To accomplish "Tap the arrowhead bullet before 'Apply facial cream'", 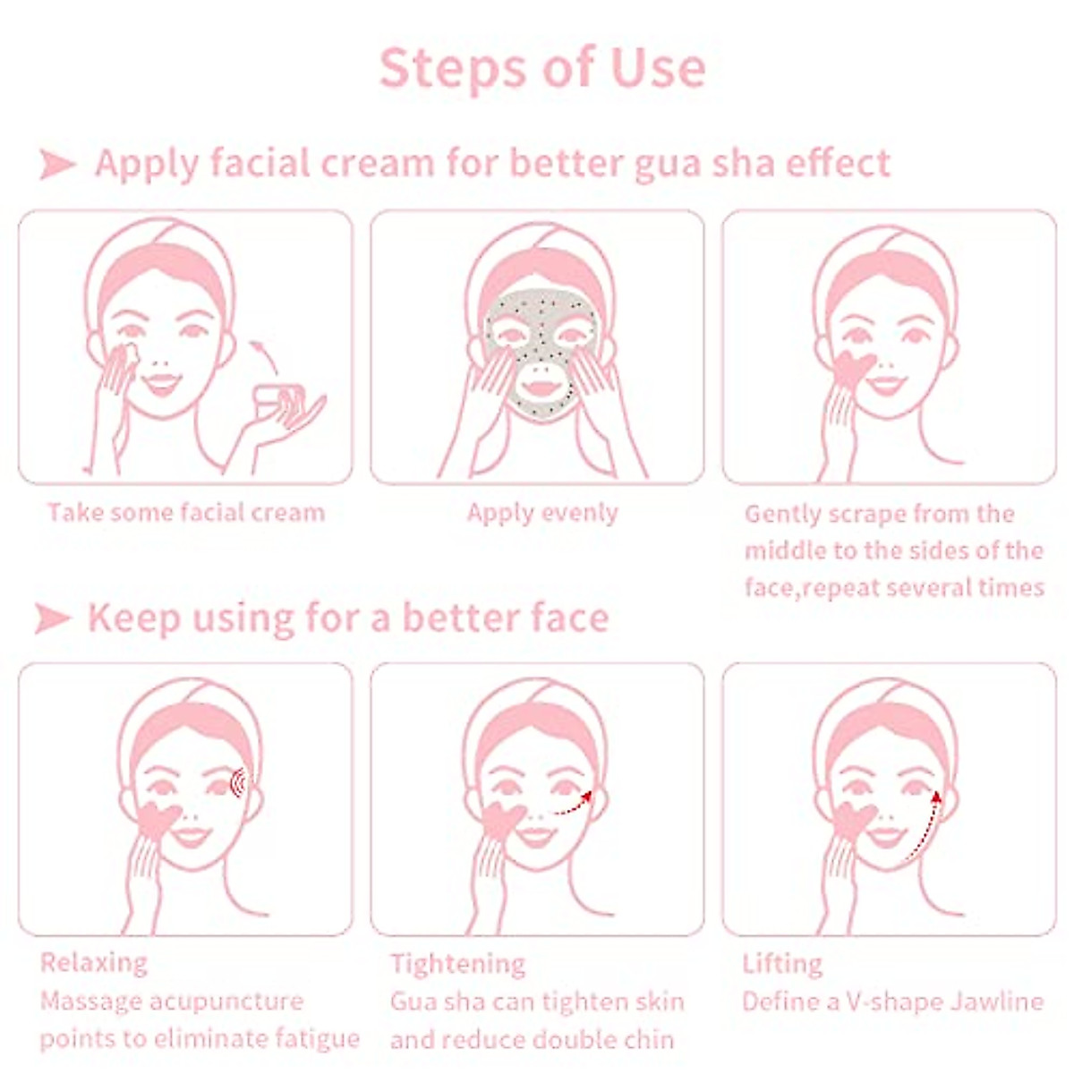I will (58, 165).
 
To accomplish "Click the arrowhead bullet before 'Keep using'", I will (53, 618).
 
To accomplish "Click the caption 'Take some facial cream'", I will (186, 513).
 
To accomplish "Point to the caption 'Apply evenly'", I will (542, 513).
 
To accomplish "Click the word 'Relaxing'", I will (94, 963).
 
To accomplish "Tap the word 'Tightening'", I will (457, 964).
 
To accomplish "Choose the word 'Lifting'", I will (782, 964).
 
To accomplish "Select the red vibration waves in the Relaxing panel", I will (238, 784).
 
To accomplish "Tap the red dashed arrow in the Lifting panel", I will (922, 823).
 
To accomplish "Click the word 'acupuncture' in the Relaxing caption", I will (226, 1002).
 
